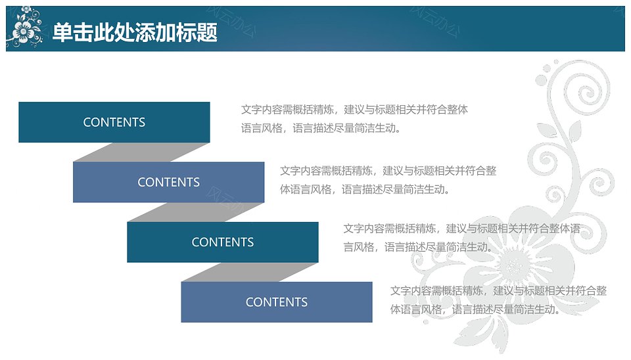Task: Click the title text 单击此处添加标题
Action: [135, 32]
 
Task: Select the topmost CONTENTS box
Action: [114, 122]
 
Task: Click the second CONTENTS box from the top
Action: [169, 182]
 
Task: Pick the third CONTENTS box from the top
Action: [223, 242]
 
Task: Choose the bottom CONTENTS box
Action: [277, 302]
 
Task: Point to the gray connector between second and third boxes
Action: [196, 212]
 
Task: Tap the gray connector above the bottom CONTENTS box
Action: [250, 273]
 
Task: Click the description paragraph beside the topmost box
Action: [354, 119]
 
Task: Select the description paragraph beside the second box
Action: [388, 180]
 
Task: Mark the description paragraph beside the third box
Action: [461, 238]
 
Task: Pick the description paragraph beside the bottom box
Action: [498, 300]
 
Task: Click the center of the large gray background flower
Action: [513, 265]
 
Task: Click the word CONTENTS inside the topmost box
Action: [114, 122]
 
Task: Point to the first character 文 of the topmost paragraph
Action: [246, 110]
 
